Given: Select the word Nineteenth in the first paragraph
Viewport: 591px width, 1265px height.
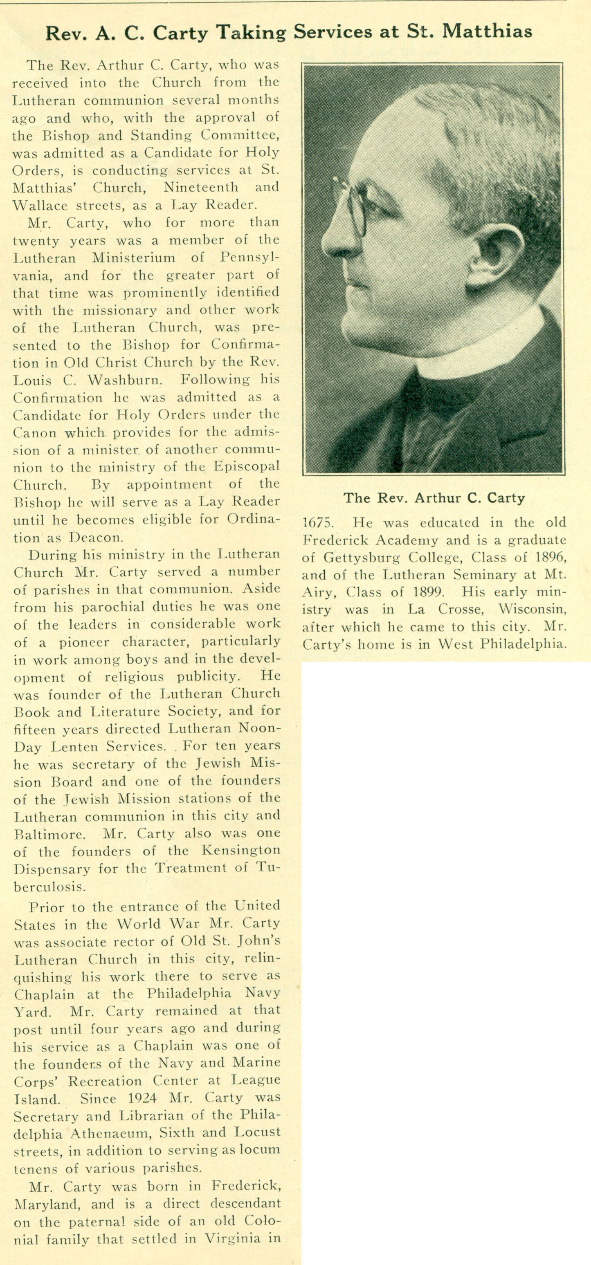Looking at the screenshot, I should pos(201,187).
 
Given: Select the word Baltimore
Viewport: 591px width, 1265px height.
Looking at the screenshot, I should pos(49,834).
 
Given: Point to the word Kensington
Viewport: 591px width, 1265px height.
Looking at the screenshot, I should pos(241,851).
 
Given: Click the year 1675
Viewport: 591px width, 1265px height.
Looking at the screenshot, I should pos(317,523).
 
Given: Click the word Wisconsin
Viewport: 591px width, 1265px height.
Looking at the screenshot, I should pos(532,609).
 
